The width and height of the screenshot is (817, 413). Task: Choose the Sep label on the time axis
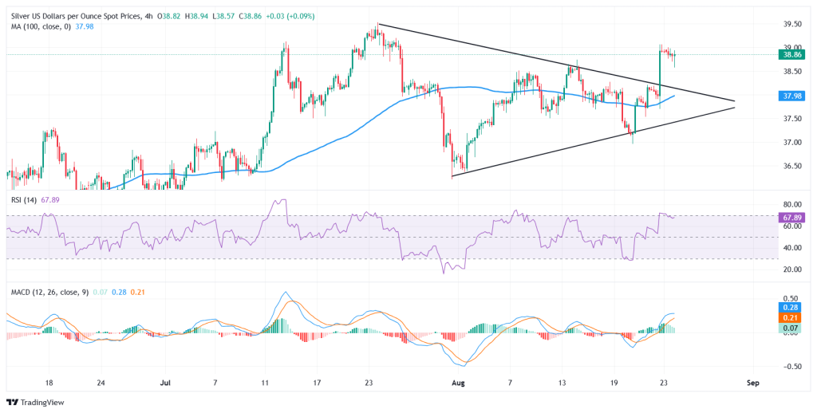[x=753, y=383]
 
